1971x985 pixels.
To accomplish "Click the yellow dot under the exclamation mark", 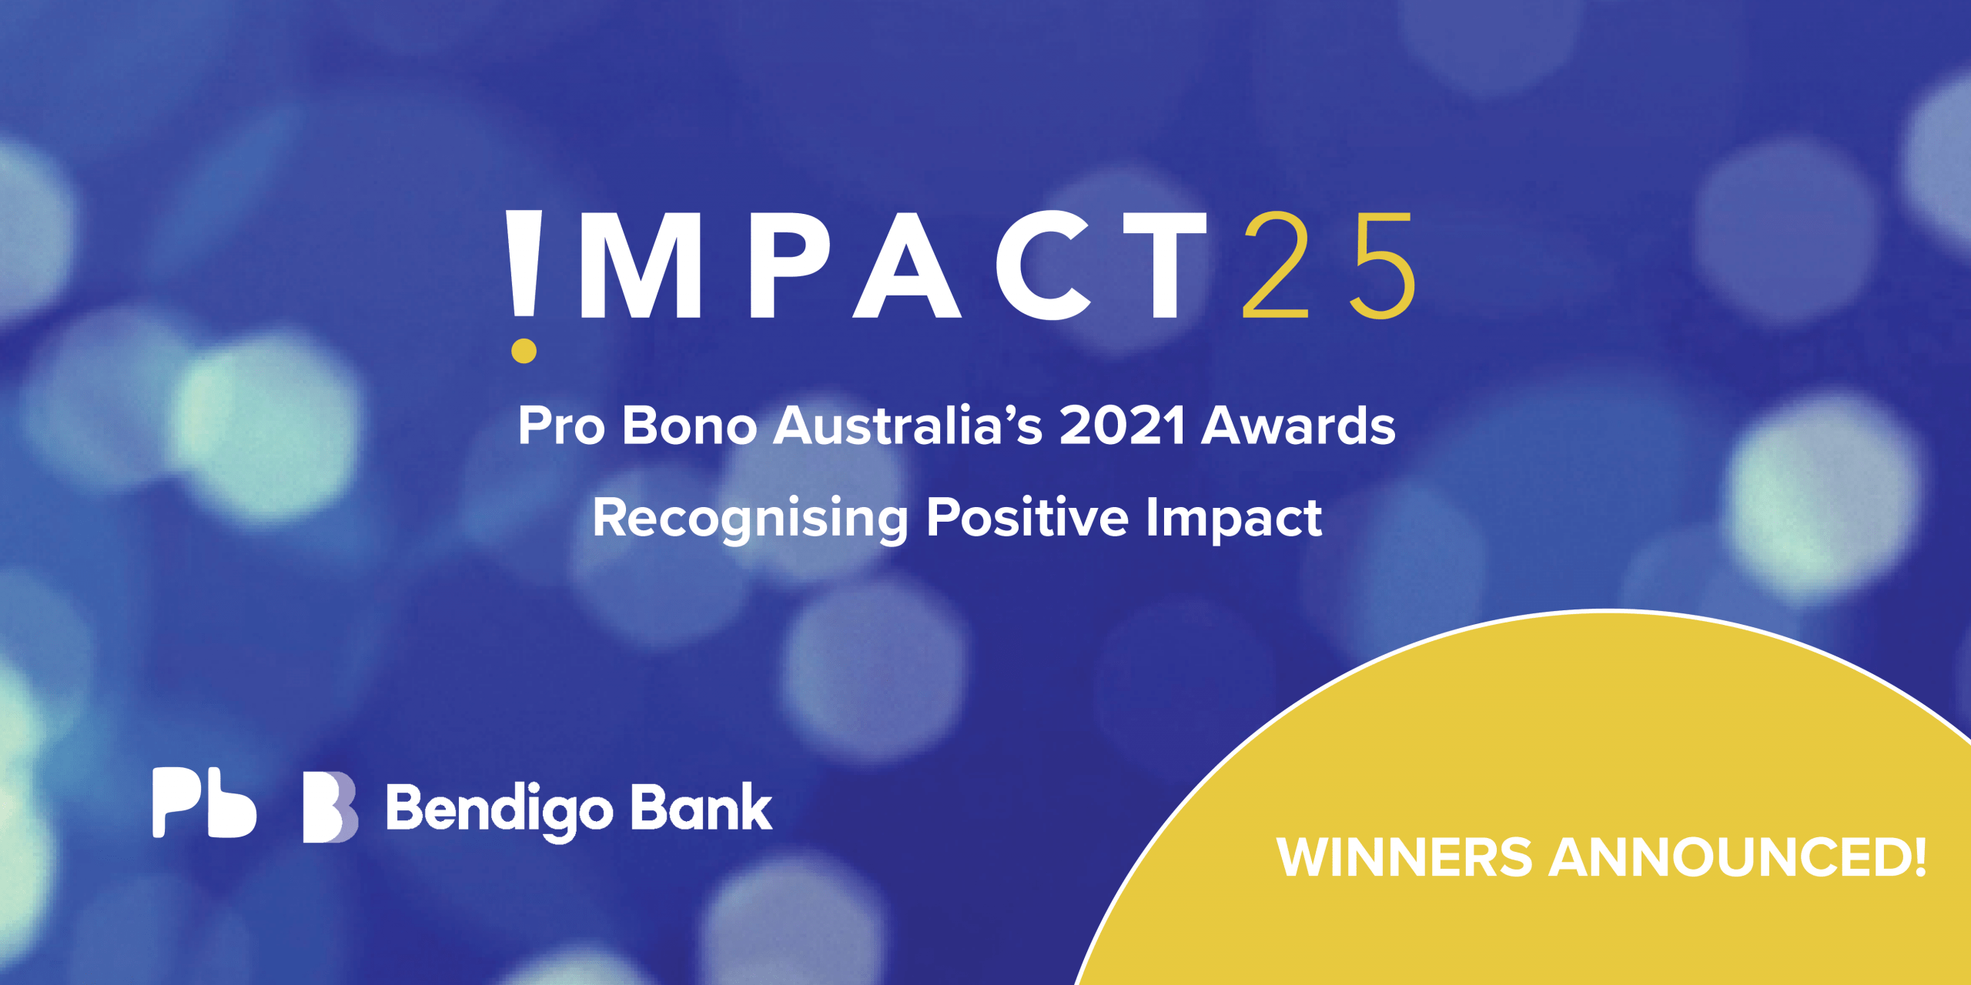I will pyautogui.click(x=524, y=351).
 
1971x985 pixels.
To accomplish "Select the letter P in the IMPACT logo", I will pyautogui.click(x=785, y=265).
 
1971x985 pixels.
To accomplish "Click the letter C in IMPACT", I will pyautogui.click(x=1043, y=265).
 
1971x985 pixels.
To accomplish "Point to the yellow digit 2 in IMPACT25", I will pyautogui.click(x=1276, y=265).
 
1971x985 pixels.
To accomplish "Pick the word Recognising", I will pyautogui.click(x=751, y=519).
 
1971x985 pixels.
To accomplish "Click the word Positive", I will pyautogui.click(x=1027, y=517).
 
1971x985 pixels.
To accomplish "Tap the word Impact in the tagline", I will pyautogui.click(x=1234, y=519).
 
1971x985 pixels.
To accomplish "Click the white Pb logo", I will pyautogui.click(x=204, y=803).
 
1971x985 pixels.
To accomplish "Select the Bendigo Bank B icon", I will pyautogui.click(x=330, y=807).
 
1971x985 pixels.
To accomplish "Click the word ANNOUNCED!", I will pyautogui.click(x=1738, y=857).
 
